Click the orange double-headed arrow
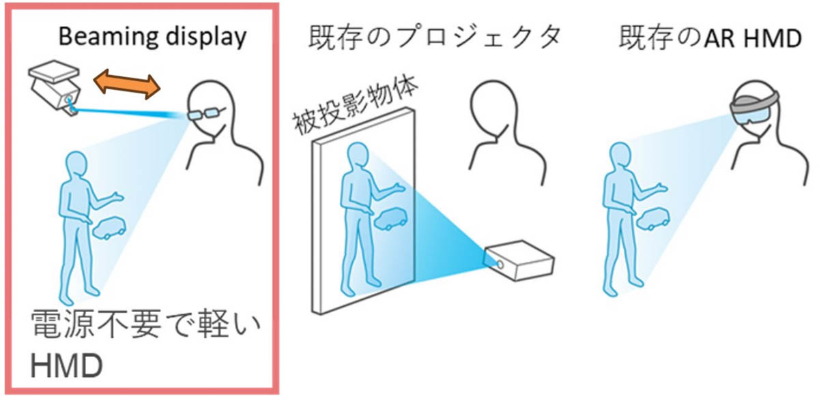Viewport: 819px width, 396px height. coord(127,85)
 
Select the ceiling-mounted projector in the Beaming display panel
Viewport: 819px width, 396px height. coord(55,88)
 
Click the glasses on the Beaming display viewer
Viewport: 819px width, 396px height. coord(204,113)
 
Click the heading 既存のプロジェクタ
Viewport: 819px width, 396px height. coord(435,37)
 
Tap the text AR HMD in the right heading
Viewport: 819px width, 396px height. coord(753,38)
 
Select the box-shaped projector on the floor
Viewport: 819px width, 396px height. coord(519,260)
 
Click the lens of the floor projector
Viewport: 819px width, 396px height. coord(500,264)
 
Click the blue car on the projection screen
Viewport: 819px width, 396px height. coord(390,219)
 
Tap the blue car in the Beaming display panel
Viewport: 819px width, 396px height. coord(109,228)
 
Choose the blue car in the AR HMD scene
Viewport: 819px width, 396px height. coord(653,219)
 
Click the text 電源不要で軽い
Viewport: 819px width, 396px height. coord(145,324)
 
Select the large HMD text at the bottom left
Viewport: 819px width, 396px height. coord(67,366)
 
